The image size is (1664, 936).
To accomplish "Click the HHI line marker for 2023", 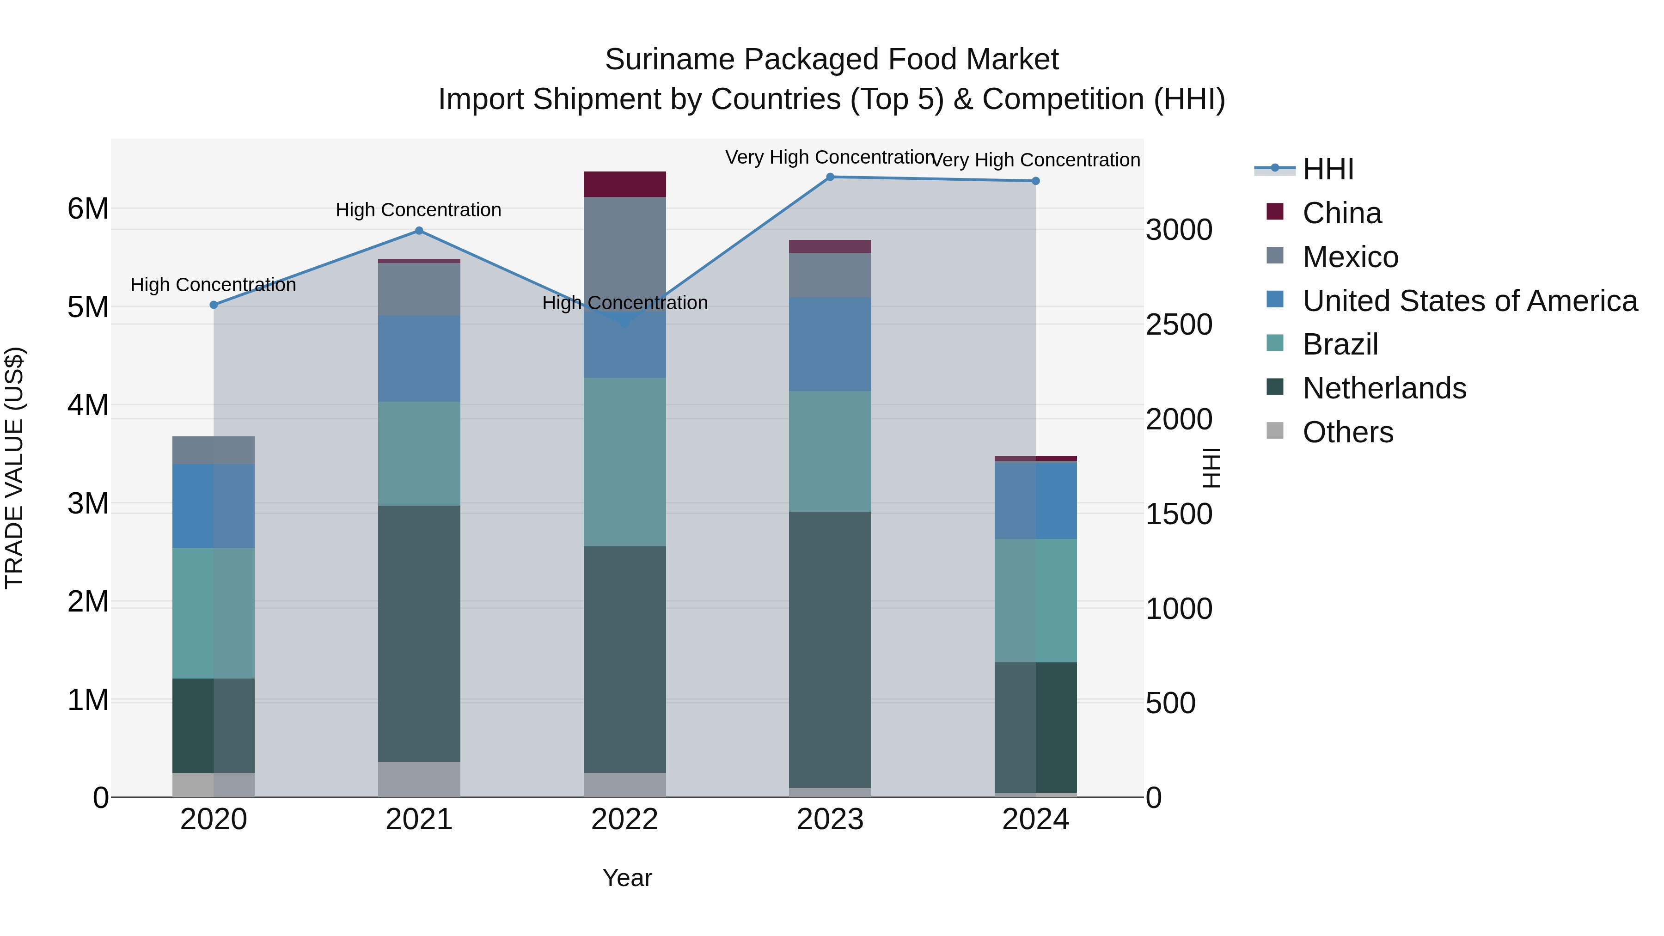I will (830, 177).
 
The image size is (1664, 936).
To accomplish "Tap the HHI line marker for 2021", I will (419, 231).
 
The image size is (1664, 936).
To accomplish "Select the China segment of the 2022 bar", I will (624, 184).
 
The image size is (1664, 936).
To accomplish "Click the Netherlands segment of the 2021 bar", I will (419, 633).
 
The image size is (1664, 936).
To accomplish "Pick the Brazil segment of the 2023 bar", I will (830, 451).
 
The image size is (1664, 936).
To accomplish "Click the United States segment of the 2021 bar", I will (419, 359).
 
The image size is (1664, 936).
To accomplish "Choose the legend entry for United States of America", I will (1469, 301).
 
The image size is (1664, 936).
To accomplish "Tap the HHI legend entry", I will (1328, 169).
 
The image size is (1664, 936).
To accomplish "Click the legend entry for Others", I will (1347, 432).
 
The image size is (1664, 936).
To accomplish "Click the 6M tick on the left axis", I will (88, 208).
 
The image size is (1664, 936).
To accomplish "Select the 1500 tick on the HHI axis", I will (1179, 514).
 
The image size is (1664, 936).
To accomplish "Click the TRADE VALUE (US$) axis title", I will (14, 468).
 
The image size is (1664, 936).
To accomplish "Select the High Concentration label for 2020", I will (213, 285).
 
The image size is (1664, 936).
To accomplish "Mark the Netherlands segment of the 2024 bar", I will (1035, 727).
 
